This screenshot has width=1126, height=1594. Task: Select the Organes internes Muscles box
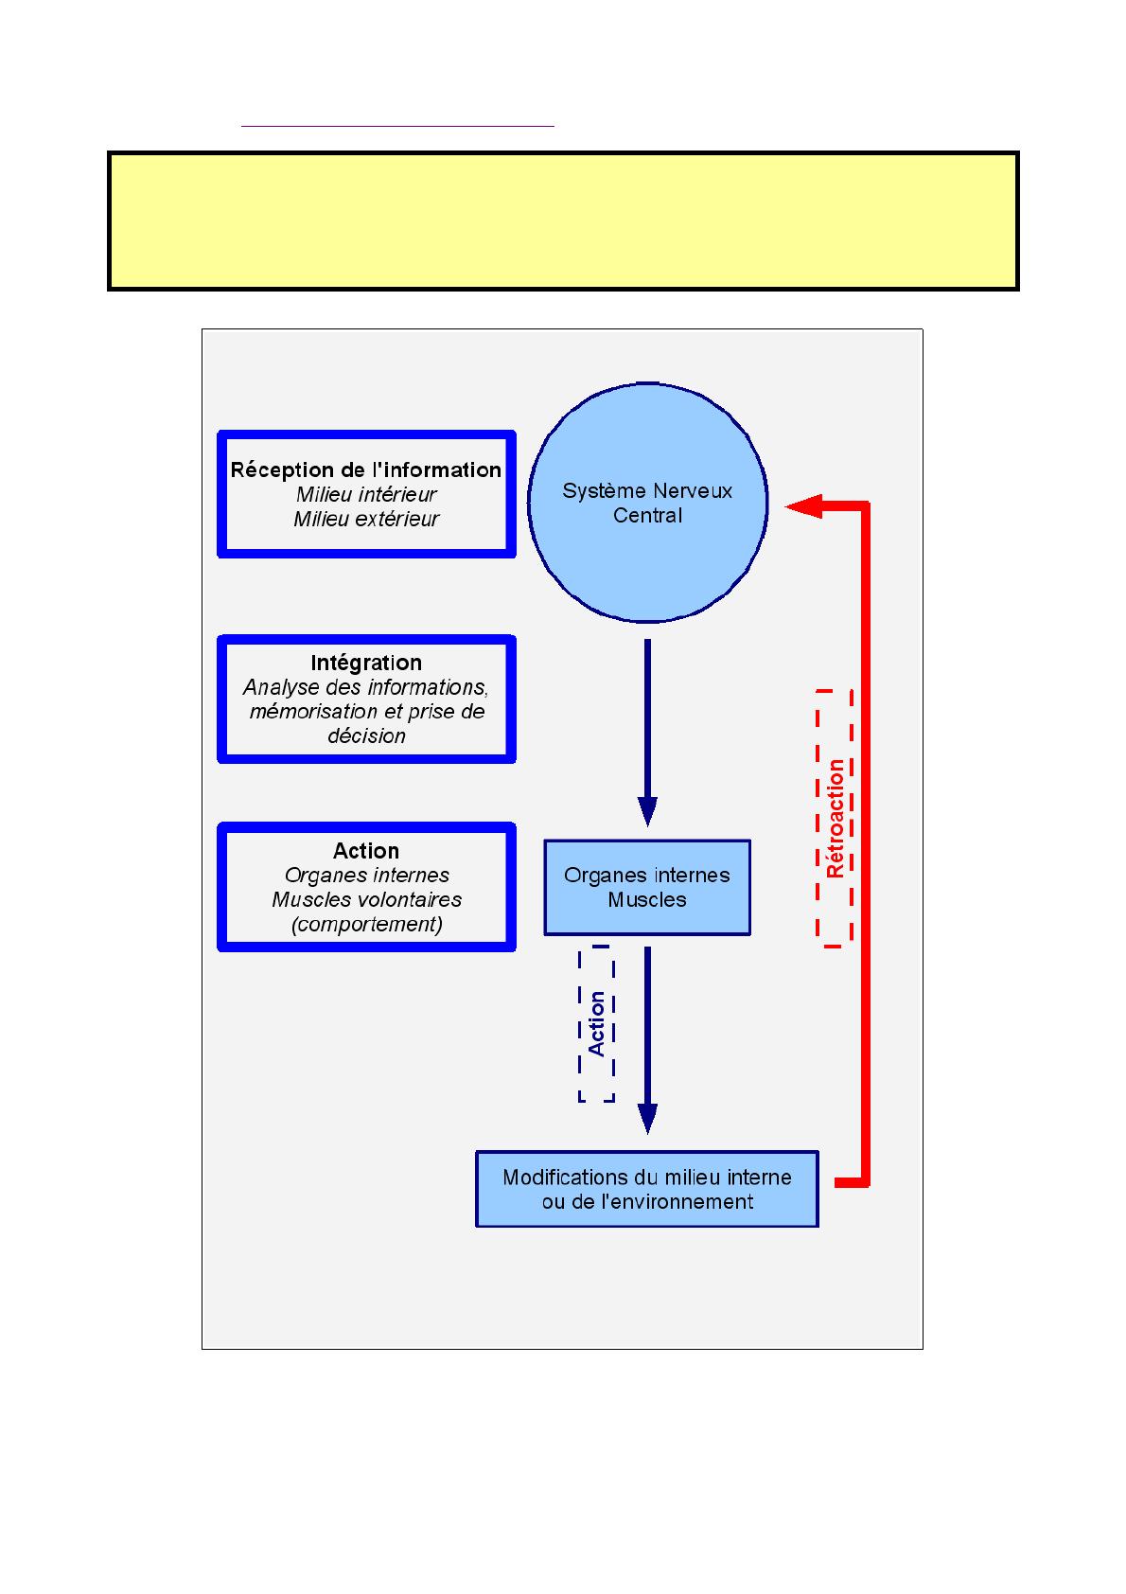pyautogui.click(x=647, y=887)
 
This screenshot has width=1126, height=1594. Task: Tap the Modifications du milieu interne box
pyautogui.click(x=647, y=1189)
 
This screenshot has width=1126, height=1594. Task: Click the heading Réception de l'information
pyautogui.click(x=366, y=470)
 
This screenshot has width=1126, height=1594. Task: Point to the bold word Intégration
pyautogui.click(x=366, y=663)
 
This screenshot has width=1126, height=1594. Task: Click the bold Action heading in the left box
pyautogui.click(x=366, y=851)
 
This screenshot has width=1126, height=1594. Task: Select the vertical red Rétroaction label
pyautogui.click(x=836, y=819)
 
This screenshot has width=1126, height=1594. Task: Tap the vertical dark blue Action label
pyautogui.click(x=597, y=1023)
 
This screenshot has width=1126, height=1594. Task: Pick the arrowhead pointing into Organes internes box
pyautogui.click(x=647, y=811)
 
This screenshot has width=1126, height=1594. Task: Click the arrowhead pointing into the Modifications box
pyautogui.click(x=647, y=1118)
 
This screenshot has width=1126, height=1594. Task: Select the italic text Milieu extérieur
pyautogui.click(x=366, y=519)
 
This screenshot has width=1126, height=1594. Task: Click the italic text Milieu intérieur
pyautogui.click(x=366, y=494)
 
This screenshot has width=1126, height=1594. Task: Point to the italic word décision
pyautogui.click(x=366, y=735)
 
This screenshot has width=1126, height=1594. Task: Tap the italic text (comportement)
pyautogui.click(x=366, y=924)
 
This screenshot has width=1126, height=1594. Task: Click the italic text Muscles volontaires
pyautogui.click(x=366, y=899)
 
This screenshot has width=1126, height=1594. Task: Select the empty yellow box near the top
pyautogui.click(x=563, y=221)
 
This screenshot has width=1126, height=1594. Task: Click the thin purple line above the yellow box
pyautogui.click(x=397, y=125)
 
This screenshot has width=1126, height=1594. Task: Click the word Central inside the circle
pyautogui.click(x=647, y=515)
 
